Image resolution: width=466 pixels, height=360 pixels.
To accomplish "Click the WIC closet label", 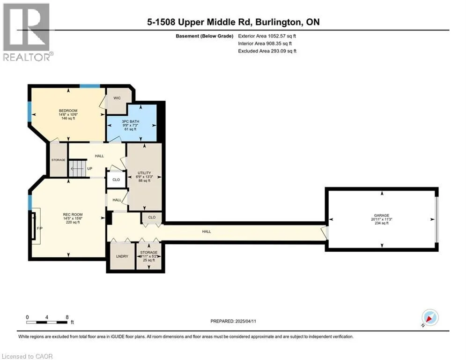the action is click(x=117, y=98).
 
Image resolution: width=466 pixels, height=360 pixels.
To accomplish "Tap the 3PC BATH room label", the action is click(x=131, y=121).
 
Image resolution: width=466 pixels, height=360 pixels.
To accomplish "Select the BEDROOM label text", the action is click(x=68, y=111).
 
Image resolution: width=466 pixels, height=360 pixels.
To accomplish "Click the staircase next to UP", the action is click(x=77, y=168).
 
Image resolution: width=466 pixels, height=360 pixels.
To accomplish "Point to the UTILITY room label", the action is click(x=144, y=173).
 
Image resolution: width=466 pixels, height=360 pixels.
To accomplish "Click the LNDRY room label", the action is click(x=122, y=256).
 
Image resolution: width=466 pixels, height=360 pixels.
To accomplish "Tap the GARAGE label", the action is click(x=382, y=216).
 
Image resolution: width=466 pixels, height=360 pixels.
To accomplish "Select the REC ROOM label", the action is click(x=73, y=215).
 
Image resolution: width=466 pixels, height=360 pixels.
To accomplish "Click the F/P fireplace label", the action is click(x=39, y=228).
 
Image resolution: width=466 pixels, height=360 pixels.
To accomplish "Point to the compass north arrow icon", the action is click(x=430, y=318).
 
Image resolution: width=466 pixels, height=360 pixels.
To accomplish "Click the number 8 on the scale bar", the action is click(x=67, y=317).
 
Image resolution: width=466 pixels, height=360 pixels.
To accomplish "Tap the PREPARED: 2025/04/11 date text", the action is click(x=233, y=321).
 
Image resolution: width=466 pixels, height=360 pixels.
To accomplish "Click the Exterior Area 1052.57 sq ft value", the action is click(x=267, y=36).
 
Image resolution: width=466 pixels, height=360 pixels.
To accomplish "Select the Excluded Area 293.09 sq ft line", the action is click(x=267, y=51).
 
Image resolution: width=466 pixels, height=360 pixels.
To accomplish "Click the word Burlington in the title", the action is click(x=277, y=22).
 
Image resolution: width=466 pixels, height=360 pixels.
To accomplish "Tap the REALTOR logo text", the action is click(x=28, y=57).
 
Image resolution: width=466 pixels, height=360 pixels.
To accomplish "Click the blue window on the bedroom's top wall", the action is click(x=90, y=86).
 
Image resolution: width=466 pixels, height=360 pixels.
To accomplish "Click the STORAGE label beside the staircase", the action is click(x=58, y=160).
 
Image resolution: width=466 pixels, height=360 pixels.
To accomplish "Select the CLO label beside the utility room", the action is click(x=116, y=180).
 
